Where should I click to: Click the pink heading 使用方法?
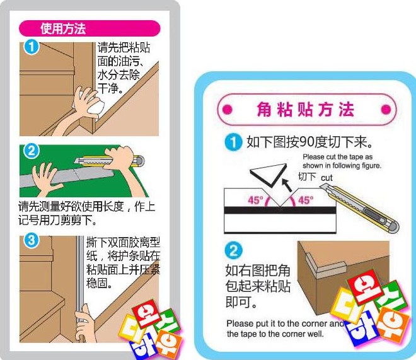63,28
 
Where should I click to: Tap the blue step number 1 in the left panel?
32,47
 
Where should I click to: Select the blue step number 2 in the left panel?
31,151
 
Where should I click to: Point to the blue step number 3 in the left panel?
32,240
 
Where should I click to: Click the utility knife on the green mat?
110,161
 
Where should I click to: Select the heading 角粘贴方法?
305,110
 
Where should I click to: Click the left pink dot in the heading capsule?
228,110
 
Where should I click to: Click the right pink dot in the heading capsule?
386,110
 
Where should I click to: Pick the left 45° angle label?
255,200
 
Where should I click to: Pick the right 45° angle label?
306,200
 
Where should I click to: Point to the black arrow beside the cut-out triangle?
287,185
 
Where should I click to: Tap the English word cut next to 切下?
326,178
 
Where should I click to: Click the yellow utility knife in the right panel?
359,209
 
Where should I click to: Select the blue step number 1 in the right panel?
233,142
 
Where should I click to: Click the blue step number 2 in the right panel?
233,250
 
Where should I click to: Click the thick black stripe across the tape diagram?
280,210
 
